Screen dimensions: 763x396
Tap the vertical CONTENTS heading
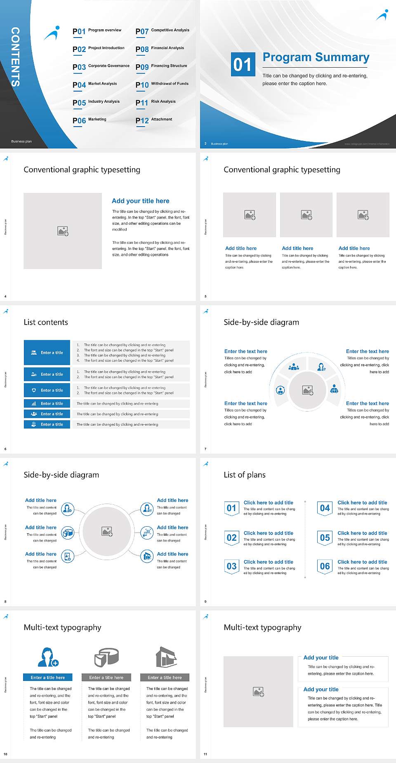15,57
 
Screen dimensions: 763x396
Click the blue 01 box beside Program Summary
243,64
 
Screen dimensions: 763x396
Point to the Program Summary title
316,57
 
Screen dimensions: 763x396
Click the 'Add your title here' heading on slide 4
140,201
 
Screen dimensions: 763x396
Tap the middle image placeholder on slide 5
306,215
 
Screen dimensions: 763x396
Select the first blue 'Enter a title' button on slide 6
47,353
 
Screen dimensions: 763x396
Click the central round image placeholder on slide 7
307,390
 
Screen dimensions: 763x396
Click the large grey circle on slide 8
107,531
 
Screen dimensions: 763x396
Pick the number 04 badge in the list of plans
325,508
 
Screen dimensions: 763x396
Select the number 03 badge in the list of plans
231,566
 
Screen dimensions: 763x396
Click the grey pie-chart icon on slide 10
106,657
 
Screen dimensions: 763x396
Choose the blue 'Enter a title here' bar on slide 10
48,677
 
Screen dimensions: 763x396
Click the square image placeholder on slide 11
258,692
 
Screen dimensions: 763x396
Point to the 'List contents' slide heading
46,322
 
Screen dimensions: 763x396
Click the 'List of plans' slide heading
245,475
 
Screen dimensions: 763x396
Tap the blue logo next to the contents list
52,33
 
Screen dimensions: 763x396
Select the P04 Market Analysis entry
94,85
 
